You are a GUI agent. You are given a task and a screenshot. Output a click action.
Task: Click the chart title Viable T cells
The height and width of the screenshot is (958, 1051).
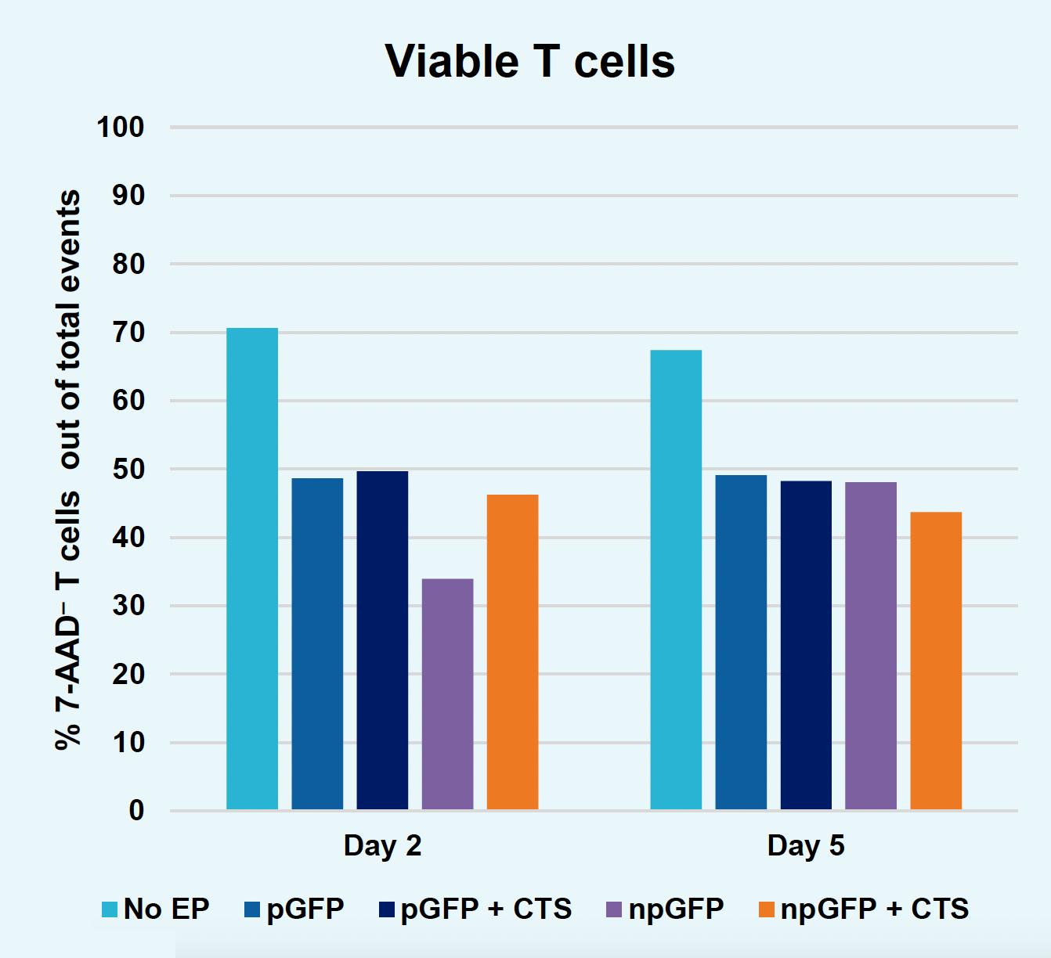pyautogui.click(x=529, y=61)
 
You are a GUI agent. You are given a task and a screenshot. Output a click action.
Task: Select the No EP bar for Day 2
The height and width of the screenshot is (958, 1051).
pyautogui.click(x=252, y=568)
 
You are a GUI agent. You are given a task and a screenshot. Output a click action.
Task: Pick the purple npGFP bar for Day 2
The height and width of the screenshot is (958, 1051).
pyautogui.click(x=447, y=693)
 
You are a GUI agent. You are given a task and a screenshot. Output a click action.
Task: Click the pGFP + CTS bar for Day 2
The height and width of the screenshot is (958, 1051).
pyautogui.click(x=382, y=639)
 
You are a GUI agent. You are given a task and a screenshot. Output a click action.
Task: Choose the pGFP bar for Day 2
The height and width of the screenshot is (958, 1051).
pyautogui.click(x=317, y=643)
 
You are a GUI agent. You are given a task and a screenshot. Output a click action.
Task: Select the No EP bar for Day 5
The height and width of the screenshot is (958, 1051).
pyautogui.click(x=676, y=579)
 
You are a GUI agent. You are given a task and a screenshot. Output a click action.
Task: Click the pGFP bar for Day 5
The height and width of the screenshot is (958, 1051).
pyautogui.click(x=741, y=642)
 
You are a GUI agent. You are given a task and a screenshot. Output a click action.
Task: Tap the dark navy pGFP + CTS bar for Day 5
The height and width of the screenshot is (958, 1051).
pyautogui.click(x=806, y=645)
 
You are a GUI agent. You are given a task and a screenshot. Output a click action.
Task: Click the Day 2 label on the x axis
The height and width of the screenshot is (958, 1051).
pyautogui.click(x=382, y=846)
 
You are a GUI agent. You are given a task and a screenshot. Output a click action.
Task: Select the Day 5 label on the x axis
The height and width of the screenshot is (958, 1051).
pyautogui.click(x=806, y=846)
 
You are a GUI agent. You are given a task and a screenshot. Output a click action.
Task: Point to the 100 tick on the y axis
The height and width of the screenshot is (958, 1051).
pyautogui.click(x=121, y=127)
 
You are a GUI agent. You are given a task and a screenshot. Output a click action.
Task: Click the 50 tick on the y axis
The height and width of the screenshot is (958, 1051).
pyautogui.click(x=128, y=470)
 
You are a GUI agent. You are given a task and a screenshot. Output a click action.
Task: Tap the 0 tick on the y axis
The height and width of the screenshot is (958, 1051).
pyautogui.click(x=136, y=811)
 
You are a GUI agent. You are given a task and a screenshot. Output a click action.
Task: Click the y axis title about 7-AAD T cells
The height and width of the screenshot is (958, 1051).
pyautogui.click(x=69, y=470)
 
